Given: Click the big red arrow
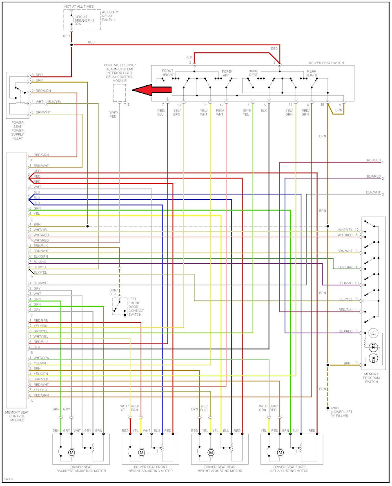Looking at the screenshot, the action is (x=151, y=90).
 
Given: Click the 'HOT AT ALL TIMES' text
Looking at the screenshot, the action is (x=79, y=7).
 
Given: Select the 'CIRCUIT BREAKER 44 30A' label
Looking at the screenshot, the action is (x=84, y=20).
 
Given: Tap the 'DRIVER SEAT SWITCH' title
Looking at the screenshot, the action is (x=326, y=63).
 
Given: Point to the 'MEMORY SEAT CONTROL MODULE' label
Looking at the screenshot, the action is (x=17, y=416).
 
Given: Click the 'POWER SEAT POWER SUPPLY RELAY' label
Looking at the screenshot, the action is (x=18, y=131).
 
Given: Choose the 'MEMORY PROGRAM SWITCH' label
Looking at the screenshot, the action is (x=371, y=378).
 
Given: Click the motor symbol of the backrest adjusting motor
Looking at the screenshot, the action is (x=71, y=453).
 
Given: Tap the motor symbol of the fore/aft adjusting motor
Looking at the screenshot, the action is (x=281, y=453).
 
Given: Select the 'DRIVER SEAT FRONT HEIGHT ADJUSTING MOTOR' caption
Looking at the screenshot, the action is (x=151, y=469).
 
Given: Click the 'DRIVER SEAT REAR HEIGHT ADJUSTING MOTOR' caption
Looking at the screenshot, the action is (x=220, y=469).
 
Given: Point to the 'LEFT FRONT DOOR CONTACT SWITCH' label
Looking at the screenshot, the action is (x=136, y=307).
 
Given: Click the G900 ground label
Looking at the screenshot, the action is (x=341, y=412).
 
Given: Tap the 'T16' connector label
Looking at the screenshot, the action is (x=127, y=105).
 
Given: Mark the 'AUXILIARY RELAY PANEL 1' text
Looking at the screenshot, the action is (x=110, y=16).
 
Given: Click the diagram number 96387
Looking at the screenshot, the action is (x=9, y=479).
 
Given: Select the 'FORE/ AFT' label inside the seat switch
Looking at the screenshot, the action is (x=227, y=74).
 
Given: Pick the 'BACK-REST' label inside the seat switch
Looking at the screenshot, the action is (x=253, y=73).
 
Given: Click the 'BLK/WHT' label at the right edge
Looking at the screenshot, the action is (x=373, y=192).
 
